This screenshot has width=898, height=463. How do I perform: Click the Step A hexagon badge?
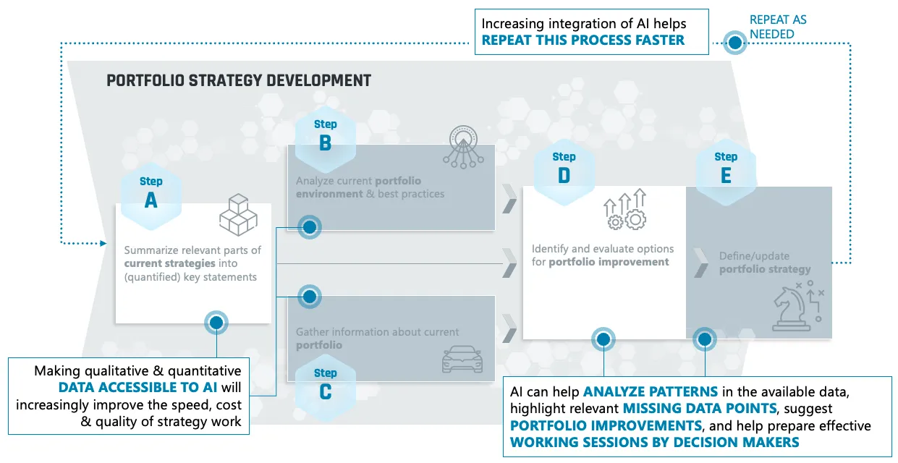[151, 197]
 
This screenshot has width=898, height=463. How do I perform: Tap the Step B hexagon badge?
[325, 139]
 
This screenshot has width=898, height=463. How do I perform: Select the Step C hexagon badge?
[325, 388]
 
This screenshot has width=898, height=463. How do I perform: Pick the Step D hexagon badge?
[564, 172]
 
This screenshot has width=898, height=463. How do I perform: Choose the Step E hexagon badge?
[726, 172]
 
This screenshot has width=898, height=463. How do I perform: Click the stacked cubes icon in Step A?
[239, 215]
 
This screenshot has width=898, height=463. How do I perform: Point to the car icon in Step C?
[462, 359]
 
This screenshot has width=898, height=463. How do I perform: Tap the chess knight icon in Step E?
[797, 306]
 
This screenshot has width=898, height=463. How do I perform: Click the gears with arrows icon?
[625, 209]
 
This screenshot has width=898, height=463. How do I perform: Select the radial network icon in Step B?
[463, 147]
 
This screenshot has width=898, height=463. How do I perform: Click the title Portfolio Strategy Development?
[239, 80]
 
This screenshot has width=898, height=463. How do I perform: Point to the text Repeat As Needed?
[778, 27]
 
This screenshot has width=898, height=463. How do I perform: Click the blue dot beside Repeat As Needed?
[735, 43]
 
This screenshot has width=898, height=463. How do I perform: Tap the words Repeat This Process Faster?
[583, 40]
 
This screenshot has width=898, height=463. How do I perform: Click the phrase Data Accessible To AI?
[138, 387]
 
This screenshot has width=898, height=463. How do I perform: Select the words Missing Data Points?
[700, 408]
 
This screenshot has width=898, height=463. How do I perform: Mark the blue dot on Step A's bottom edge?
[216, 323]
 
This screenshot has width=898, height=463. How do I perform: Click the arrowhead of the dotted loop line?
[103, 243]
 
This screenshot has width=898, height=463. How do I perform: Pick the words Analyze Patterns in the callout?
[651, 391]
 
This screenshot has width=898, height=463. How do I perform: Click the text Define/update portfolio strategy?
[765, 263]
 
